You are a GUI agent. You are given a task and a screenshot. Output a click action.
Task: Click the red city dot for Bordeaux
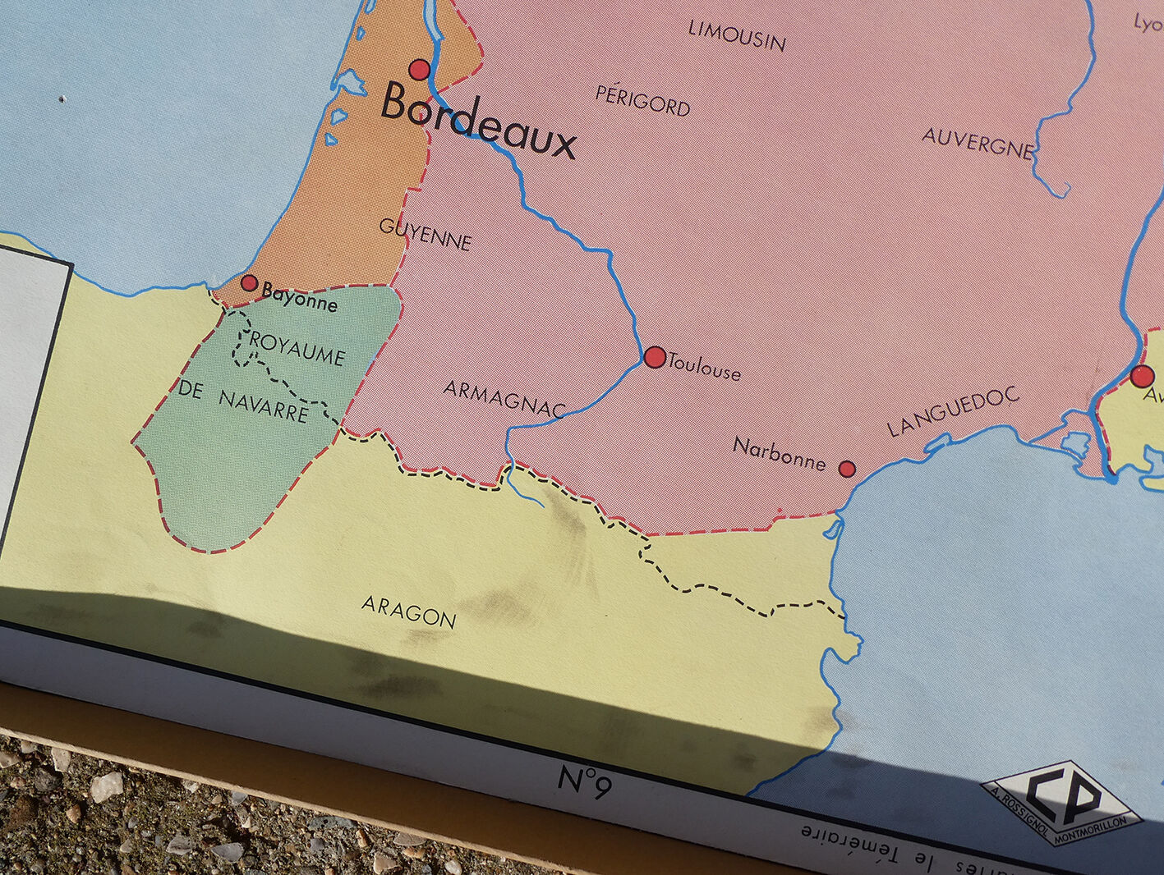[420, 70]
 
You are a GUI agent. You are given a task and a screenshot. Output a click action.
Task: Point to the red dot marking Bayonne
[249, 283]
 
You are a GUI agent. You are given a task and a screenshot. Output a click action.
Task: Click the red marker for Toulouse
[655, 357]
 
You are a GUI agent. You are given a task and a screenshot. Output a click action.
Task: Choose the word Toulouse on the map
[705, 367]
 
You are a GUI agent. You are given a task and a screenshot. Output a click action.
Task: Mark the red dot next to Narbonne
[847, 469]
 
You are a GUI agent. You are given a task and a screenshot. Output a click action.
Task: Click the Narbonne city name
[779, 454]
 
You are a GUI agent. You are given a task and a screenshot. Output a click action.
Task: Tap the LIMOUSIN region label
[737, 35]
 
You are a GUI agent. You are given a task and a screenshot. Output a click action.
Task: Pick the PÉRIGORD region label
[642, 100]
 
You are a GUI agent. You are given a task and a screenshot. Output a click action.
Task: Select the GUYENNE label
[426, 234]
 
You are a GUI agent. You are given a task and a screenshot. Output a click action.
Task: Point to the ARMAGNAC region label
[505, 399]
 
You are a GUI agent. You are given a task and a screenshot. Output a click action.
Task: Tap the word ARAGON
[409, 612]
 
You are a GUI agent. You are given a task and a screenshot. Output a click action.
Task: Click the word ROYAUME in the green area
[297, 349]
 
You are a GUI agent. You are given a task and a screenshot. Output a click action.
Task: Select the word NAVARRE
[264, 405]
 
